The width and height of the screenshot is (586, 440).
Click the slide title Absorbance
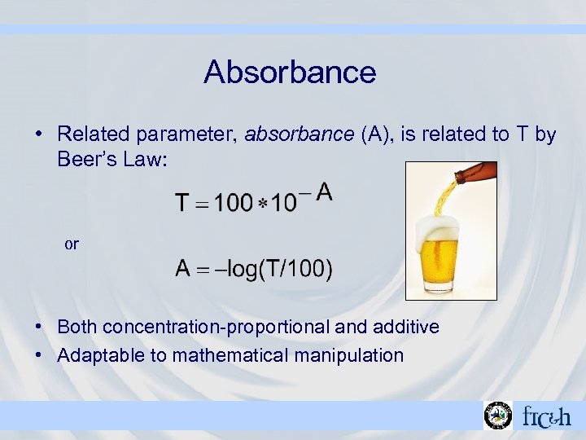click(x=290, y=72)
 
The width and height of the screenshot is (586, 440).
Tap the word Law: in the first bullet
click(x=146, y=160)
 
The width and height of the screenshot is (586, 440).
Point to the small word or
click(x=72, y=244)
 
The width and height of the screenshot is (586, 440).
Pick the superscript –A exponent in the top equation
click(x=316, y=192)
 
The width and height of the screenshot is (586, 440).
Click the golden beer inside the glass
click(x=448, y=269)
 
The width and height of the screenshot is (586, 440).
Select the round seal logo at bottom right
click(x=497, y=416)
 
